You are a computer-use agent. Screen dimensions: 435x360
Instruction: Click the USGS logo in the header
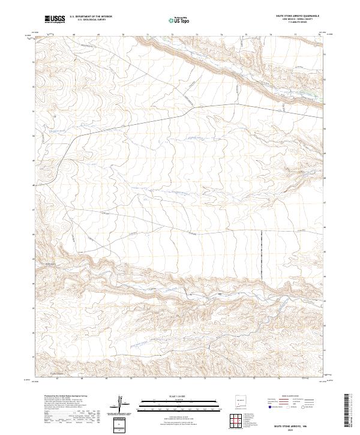(54, 19)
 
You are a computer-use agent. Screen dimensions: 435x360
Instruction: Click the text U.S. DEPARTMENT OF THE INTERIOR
(90, 17)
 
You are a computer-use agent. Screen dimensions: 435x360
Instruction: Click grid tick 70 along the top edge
(122, 35)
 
